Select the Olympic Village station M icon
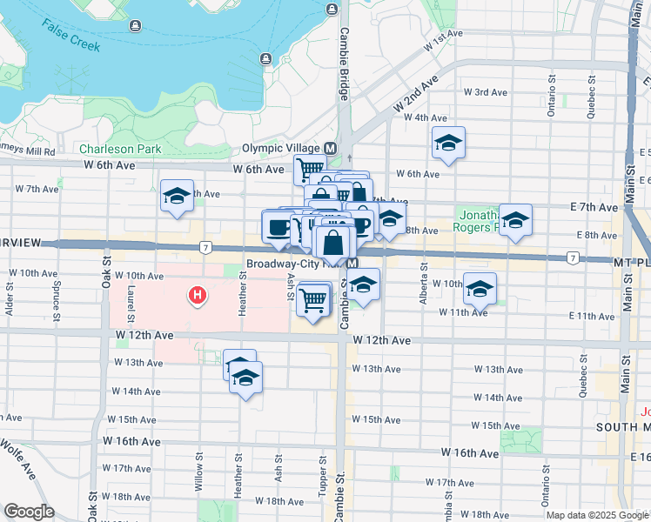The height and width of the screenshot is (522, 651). (x=331, y=148)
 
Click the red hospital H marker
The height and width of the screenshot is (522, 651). (x=198, y=297)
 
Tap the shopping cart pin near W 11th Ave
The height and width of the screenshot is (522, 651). (x=312, y=300)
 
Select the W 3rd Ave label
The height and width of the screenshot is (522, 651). (x=485, y=91)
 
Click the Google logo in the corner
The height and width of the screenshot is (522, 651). (x=28, y=511)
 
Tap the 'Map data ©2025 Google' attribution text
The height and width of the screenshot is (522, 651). (x=597, y=515)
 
